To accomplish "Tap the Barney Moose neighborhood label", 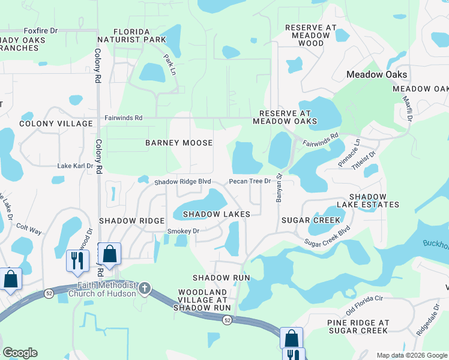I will click(179, 143).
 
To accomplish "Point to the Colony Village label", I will click(56, 124).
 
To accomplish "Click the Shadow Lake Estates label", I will click(374, 200).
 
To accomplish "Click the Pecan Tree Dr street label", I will click(250, 181).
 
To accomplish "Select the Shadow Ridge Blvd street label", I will click(183, 182).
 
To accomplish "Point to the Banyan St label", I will click(279, 188).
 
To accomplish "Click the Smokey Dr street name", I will click(182, 230).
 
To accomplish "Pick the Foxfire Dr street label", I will click(40, 31).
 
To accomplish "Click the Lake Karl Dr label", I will click(75, 166).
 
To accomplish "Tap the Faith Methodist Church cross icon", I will click(144, 289).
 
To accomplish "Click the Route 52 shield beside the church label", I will click(49, 293).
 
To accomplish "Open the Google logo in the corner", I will click(20, 353).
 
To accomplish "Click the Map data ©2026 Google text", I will click(411, 355).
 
